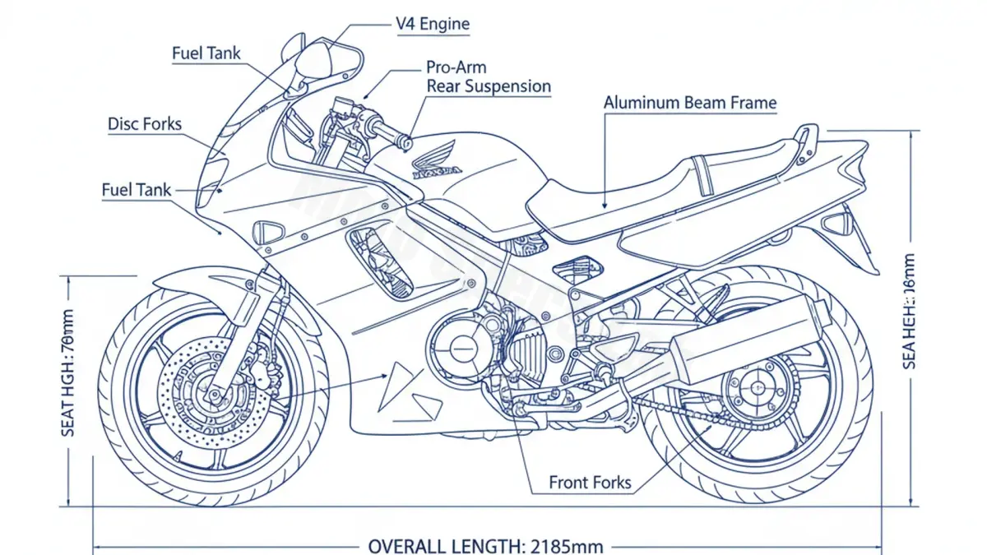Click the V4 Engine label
click(x=433, y=24)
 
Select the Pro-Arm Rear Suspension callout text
click(x=488, y=76)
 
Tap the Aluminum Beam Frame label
click(x=689, y=103)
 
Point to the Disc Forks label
click(x=145, y=124)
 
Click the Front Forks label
click(x=590, y=482)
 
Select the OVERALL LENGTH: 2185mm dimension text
click(x=485, y=546)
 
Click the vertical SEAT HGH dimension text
click(x=68, y=383)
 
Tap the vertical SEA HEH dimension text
click(x=909, y=311)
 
